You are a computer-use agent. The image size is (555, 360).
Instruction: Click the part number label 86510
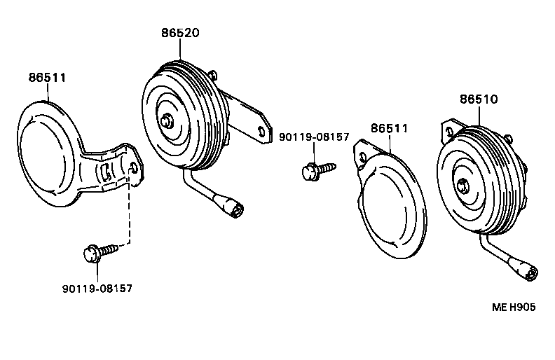479,99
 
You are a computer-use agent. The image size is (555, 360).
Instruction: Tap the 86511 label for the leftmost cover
47,77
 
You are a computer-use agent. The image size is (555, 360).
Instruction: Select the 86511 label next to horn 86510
389,128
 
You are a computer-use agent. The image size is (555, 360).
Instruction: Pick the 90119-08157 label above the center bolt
314,137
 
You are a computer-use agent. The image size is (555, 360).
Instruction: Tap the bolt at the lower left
97,251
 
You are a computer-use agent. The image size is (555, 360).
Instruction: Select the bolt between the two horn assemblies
316,169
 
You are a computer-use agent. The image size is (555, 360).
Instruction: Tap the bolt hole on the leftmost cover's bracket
134,166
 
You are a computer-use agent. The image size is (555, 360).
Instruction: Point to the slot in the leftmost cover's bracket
105,172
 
